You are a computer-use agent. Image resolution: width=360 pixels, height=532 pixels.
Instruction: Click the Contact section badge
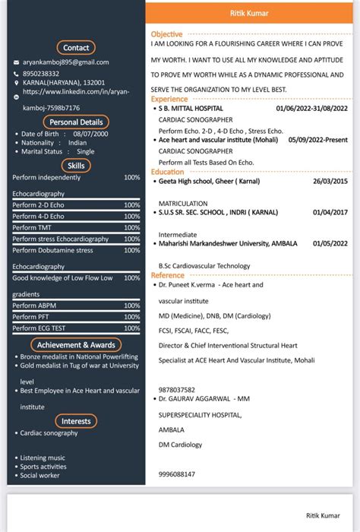(x=76, y=47)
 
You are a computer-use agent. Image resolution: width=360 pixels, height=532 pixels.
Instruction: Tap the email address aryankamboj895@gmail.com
(x=66, y=62)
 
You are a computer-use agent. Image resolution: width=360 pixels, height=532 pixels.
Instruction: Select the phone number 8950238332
(x=41, y=74)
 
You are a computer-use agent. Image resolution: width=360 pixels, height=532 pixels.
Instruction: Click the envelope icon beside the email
(x=16, y=62)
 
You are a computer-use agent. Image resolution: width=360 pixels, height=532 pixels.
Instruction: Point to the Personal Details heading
(x=76, y=122)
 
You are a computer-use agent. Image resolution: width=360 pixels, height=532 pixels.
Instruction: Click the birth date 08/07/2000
(x=90, y=134)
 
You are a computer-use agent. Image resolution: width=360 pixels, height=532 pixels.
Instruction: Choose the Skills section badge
(x=76, y=165)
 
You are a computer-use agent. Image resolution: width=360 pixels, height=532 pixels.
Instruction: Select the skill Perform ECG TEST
(x=39, y=328)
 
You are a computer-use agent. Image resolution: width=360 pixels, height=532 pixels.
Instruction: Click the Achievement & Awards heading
(x=77, y=345)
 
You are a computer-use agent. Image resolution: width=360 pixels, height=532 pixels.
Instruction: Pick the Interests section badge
(x=76, y=421)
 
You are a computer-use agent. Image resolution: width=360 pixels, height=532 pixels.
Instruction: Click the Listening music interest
(x=43, y=458)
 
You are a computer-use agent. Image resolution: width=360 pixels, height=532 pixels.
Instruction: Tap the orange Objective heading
(x=166, y=34)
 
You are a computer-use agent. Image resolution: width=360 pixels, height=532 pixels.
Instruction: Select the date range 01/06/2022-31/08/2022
(x=312, y=109)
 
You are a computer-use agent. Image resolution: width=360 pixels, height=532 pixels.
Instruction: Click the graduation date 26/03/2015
(x=330, y=182)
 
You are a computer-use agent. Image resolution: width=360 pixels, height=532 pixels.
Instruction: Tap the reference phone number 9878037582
(x=177, y=389)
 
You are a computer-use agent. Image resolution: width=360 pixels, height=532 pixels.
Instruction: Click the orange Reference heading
(x=168, y=275)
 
